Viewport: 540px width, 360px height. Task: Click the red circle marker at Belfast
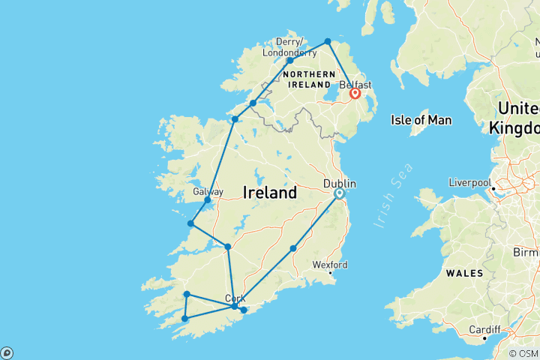tap(355, 94)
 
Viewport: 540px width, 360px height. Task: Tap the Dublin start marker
tap(339, 193)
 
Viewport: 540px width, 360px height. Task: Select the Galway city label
tap(208, 192)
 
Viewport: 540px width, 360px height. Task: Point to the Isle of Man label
tap(421, 120)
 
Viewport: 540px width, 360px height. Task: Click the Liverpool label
tap(469, 182)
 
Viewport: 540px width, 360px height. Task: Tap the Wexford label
tap(330, 265)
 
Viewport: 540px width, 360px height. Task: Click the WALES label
tap(464, 274)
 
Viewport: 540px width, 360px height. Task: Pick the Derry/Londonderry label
tap(290, 47)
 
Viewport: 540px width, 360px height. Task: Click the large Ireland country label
tap(269, 193)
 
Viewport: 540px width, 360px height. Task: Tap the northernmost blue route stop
tap(328, 41)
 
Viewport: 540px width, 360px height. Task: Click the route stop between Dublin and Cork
tap(293, 248)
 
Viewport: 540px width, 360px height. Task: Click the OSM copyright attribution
tap(523, 353)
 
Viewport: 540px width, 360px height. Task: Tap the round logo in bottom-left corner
tap(7, 352)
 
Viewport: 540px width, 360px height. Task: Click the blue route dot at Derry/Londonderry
tap(289, 60)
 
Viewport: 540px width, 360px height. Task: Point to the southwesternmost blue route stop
tap(184, 319)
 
